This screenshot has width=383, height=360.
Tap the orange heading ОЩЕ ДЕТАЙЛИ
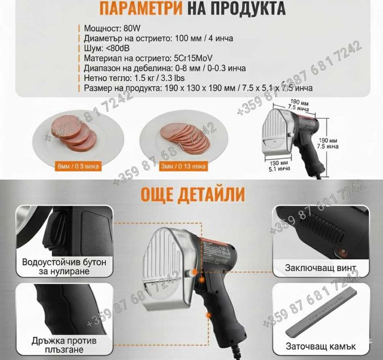pyautogui.click(x=191, y=194)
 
